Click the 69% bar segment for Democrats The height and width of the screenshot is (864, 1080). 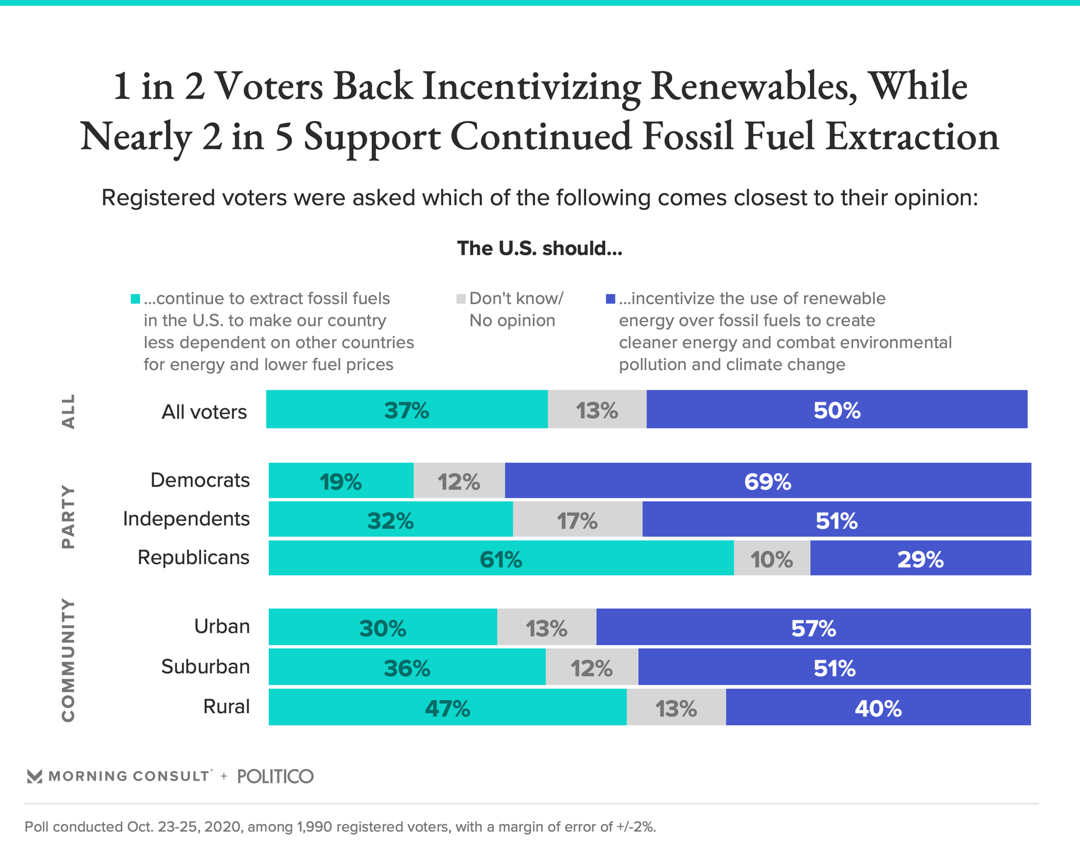pyautogui.click(x=768, y=481)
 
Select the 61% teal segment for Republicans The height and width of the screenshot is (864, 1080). pyautogui.click(x=501, y=559)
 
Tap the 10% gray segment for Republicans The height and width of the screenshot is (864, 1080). pyautogui.click(x=772, y=559)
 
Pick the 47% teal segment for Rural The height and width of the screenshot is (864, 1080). pyautogui.click(x=447, y=707)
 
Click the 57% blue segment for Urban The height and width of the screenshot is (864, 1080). pyautogui.click(x=813, y=627)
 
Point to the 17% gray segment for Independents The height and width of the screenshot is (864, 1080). pyautogui.click(x=577, y=520)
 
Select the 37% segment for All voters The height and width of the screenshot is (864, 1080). pyautogui.click(x=406, y=409)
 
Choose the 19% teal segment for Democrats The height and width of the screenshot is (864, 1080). pyautogui.click(x=341, y=481)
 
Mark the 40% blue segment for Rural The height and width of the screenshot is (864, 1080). pyautogui.click(x=878, y=707)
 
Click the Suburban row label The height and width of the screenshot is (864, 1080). pyautogui.click(x=205, y=667)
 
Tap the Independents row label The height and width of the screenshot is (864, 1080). pyautogui.click(x=186, y=519)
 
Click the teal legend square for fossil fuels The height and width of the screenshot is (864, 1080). pyautogui.click(x=136, y=299)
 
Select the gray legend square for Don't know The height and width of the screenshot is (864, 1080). pyautogui.click(x=461, y=299)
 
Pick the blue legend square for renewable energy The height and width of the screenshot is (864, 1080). pyautogui.click(x=610, y=299)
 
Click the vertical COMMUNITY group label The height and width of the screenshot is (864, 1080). pyautogui.click(x=68, y=660)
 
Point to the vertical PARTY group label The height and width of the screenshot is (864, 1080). pyautogui.click(x=68, y=517)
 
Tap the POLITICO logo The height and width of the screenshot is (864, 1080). pyautogui.click(x=275, y=776)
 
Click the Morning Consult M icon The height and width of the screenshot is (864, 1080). pyautogui.click(x=34, y=776)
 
